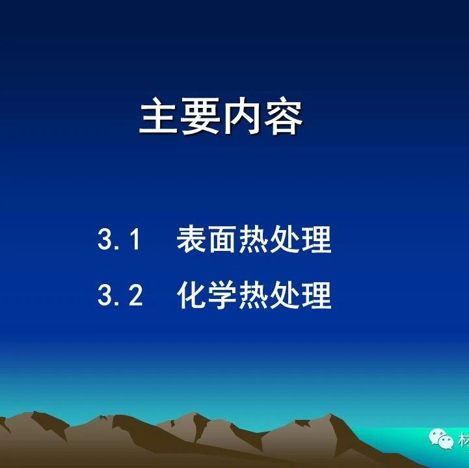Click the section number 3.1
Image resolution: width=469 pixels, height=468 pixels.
point(119,239)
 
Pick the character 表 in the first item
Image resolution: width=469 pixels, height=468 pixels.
point(191,239)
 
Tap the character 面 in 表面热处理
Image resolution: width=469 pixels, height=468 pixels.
point(222,239)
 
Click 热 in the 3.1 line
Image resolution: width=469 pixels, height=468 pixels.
point(254,239)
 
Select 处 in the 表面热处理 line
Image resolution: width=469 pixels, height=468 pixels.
point(285,239)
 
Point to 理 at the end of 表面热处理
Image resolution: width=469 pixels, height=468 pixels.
point(316,239)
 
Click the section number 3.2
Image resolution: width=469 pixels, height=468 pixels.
point(120,294)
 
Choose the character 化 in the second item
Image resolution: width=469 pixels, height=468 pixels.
point(191,295)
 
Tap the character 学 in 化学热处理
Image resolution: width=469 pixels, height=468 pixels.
point(222,295)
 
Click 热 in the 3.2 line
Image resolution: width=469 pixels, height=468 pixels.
point(254,295)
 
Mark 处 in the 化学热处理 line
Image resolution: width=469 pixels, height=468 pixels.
point(285,295)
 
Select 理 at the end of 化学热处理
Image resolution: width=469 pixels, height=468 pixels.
point(316,295)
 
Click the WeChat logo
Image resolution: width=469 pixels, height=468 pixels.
point(441,439)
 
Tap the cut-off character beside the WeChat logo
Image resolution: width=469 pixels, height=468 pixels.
point(464,440)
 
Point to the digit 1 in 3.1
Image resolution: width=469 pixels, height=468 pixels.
point(135,239)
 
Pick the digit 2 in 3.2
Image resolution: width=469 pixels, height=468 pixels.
point(136,294)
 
